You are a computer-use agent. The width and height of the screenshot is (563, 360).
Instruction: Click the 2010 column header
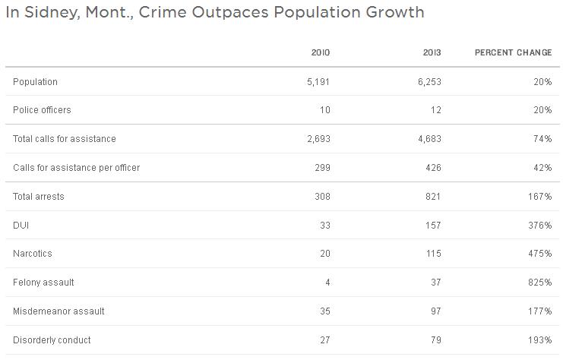point(321,52)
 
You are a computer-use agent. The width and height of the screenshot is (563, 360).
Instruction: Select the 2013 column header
point(432,52)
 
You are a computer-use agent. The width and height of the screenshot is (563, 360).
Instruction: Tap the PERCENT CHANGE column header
point(513,52)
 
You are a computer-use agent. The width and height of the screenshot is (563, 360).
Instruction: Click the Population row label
point(35,81)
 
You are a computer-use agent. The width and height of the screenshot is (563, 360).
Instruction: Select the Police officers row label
point(42,110)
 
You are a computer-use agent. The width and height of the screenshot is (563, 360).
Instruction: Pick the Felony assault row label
point(43,283)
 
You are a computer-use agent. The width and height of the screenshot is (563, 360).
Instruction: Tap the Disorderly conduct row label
point(52,340)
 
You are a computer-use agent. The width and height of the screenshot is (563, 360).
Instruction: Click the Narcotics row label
point(33,254)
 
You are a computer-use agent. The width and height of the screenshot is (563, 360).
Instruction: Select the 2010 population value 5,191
point(318,81)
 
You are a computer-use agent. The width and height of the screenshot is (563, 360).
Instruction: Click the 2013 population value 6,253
point(429,81)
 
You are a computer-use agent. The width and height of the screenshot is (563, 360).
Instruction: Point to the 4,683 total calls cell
point(429,139)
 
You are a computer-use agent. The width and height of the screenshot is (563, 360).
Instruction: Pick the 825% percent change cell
point(540,283)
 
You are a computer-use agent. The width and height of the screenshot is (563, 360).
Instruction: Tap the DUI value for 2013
point(433,225)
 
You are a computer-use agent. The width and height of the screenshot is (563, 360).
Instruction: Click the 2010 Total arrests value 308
point(322,197)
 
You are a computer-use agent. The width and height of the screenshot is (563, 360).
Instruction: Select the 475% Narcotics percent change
point(540,254)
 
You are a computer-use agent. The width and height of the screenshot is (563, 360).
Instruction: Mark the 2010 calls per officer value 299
point(322,168)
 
